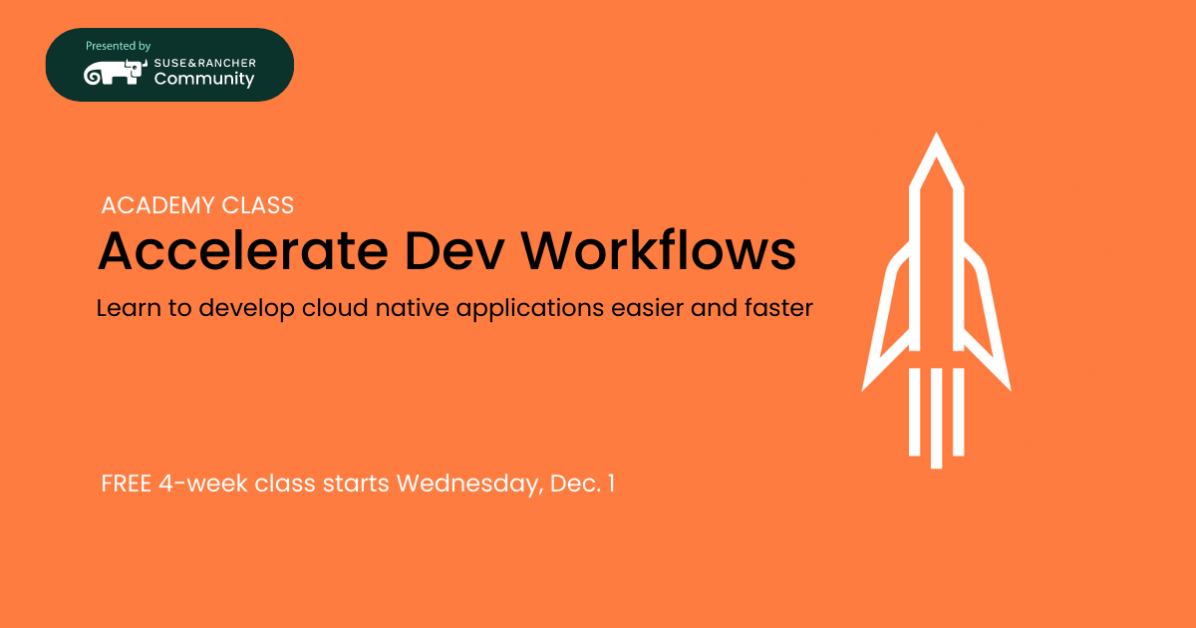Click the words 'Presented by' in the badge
pos(118,47)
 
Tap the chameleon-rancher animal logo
pos(116,73)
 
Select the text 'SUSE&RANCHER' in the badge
pos(205,63)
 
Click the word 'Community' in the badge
pos(204,79)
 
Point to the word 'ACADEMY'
pos(158,205)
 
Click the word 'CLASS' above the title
pos(258,205)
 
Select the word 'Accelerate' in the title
pos(243,250)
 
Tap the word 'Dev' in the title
pos(454,250)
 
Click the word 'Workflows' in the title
pos(659,250)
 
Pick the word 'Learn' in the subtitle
pos(129,308)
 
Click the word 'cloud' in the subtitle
pos(335,308)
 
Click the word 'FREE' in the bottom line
pos(126,483)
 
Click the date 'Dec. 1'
pos(582,483)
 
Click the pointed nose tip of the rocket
pos(936,134)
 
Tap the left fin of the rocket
pos(886,320)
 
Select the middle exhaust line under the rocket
pos(936,418)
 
